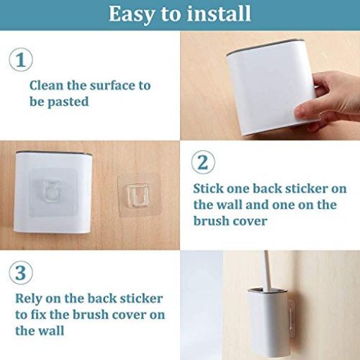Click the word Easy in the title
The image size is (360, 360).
tap(133, 15)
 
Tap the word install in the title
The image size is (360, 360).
tap(219, 13)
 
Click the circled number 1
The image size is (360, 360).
tap(21, 60)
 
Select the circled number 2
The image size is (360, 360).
tap(203, 162)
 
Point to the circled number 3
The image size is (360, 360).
tap(20, 273)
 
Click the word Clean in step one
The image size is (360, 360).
tap(47, 85)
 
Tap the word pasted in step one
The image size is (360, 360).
tap(68, 102)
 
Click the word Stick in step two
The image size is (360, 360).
tap(208, 188)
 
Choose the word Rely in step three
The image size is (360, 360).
tap(28, 299)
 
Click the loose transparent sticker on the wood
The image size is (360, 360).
tap(138, 195)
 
